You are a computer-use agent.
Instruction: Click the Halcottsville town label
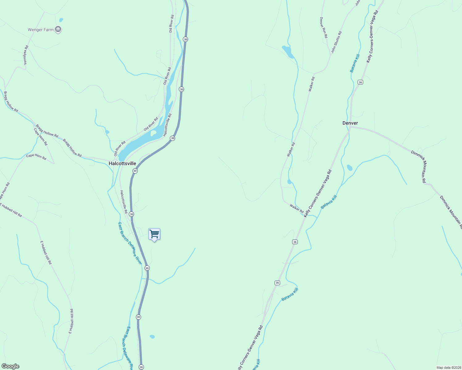tap(122, 163)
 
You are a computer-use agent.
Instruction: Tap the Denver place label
tap(350, 123)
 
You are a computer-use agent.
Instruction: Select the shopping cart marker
tap(154, 234)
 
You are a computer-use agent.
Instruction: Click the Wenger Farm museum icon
tap(58, 30)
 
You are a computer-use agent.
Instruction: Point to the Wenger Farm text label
tap(40, 30)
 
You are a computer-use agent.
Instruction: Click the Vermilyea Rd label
tap(26, 55)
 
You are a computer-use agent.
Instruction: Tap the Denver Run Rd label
tap(323, 28)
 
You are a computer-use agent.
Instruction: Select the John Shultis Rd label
tap(337, 42)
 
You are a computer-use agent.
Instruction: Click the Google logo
tap(10, 366)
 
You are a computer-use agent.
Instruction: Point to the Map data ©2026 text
tap(448, 368)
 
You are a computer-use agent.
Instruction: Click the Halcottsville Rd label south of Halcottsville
tap(124, 202)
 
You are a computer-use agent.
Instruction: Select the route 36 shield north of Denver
tap(360, 82)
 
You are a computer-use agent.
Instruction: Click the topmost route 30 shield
tap(185, 39)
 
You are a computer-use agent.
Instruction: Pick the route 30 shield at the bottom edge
tap(141, 367)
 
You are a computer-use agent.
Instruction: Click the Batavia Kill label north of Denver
tap(355, 64)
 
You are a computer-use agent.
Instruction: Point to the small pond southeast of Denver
tap(350, 168)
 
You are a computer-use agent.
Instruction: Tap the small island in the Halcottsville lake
tap(153, 133)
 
